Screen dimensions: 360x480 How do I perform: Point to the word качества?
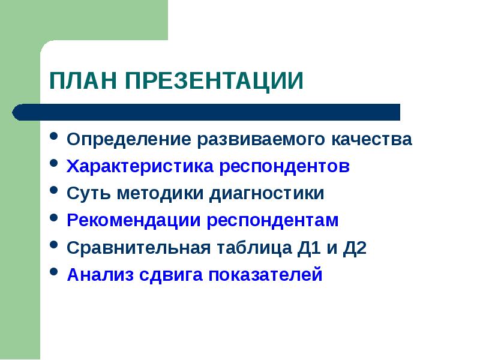(x=372, y=140)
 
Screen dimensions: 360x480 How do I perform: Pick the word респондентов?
(x=284, y=166)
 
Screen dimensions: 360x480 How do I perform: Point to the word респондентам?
(x=273, y=220)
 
